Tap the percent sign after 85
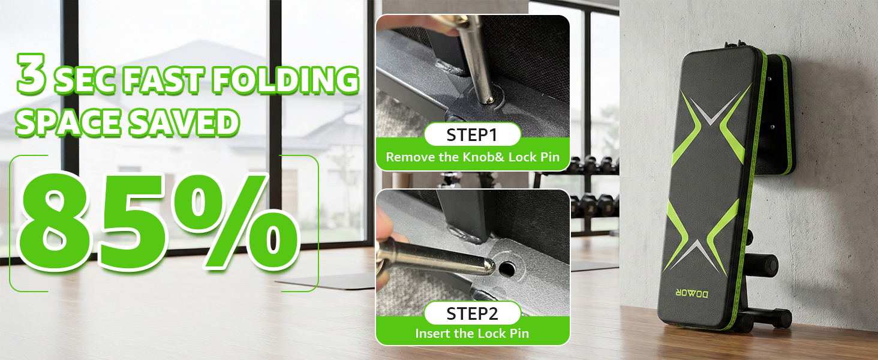pos(235,221)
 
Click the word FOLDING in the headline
pos(285,80)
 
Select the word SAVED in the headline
pos(184,122)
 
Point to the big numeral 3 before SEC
pos(31,74)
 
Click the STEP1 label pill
pos(473,135)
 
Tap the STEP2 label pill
pos(473,314)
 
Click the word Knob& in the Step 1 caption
pos(484,157)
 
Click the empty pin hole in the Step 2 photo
pos(507,269)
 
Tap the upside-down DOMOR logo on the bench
pos(692,293)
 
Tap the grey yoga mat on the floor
pos(327,281)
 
